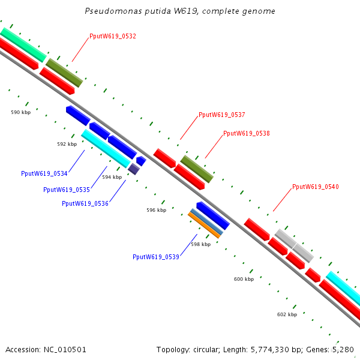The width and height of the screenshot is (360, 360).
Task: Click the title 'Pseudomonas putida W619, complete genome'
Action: pyautogui.click(x=180, y=11)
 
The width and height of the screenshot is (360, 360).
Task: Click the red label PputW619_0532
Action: pyautogui.click(x=113, y=36)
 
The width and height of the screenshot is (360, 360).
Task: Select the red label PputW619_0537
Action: pyautogui.click(x=221, y=115)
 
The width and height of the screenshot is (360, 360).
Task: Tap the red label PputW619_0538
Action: pyautogui.click(x=246, y=133)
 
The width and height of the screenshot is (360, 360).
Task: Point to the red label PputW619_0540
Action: pyautogui.click(x=315, y=187)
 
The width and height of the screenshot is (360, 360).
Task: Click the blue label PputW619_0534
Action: pyautogui.click(x=44, y=173)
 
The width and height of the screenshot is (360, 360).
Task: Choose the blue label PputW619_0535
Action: pyautogui.click(x=66, y=190)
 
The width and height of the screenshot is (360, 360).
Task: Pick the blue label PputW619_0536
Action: pyautogui.click(x=85, y=203)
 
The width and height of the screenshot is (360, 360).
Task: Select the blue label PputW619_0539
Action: pyautogui.click(x=155, y=257)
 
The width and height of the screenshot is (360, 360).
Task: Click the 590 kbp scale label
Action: pyautogui.click(x=20, y=112)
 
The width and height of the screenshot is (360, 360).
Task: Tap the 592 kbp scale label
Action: pyautogui.click(x=67, y=144)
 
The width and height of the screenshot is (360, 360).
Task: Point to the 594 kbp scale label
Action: pyautogui.click(x=112, y=177)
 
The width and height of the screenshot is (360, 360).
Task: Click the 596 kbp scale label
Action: pyautogui.click(x=156, y=210)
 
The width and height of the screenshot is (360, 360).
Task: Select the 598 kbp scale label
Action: pyautogui.click(x=200, y=244)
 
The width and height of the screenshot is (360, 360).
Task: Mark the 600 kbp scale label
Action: pyautogui.click(x=244, y=279)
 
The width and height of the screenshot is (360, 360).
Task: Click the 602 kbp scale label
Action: pyautogui.click(x=287, y=314)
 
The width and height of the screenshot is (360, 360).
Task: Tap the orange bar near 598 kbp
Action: pyautogui.click(x=205, y=224)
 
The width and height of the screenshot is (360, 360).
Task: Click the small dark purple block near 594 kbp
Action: pyautogui.click(x=134, y=169)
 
